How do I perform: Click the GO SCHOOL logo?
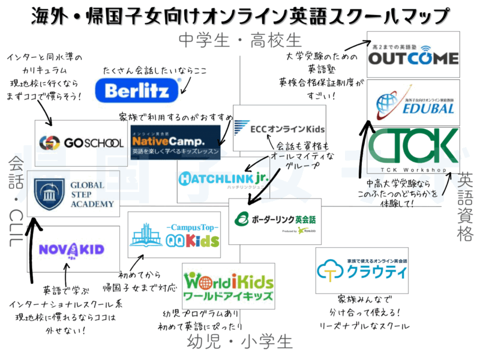(x=81, y=143)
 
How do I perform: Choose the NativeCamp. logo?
(x=175, y=143)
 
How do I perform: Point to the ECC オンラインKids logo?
(x=280, y=128)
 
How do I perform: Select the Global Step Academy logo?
(x=73, y=194)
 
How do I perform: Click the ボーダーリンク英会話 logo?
(x=276, y=220)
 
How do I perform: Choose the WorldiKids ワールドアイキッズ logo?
(x=229, y=286)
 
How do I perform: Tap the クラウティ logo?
(x=362, y=271)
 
